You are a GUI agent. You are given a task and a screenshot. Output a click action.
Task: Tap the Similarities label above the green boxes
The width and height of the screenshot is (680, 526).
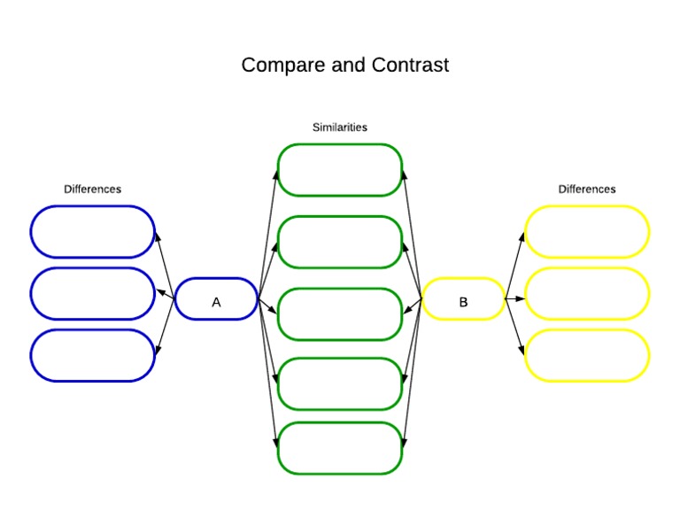pos(339,128)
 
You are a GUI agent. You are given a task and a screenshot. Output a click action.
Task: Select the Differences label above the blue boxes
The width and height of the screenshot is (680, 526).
pos(92,190)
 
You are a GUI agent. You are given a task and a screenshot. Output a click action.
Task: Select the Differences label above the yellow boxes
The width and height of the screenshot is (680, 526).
pos(586,190)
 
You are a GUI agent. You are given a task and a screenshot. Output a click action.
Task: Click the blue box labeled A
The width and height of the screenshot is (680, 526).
pos(216,299)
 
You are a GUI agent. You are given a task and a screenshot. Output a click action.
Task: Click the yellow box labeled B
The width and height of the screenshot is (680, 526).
pos(463,299)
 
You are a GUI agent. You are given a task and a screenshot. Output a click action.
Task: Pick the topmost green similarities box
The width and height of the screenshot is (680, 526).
pos(340,170)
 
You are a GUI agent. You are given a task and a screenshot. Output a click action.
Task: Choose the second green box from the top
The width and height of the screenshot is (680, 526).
pos(340,242)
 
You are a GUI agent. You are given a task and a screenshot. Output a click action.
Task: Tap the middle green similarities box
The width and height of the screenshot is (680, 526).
pos(340,314)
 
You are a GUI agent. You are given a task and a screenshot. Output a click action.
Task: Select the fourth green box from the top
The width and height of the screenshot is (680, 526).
pos(340,383)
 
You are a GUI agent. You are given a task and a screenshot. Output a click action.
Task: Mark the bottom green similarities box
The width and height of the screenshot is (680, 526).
pos(340,448)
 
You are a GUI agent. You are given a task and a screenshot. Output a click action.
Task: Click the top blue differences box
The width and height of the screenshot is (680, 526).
pos(92,232)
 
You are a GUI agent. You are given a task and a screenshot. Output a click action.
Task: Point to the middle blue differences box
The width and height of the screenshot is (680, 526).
pos(92,294)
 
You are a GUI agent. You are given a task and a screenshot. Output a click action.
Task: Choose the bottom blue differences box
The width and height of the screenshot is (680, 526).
pos(92,356)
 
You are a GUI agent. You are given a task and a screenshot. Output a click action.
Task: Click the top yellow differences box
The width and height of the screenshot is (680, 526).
pos(586,232)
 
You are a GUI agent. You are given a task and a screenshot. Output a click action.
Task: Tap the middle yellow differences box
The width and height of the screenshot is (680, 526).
pos(586,294)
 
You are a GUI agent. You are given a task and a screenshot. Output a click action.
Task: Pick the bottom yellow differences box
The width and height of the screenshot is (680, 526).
pos(586,356)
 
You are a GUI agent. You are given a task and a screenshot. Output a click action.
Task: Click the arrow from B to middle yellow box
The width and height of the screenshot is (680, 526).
pos(515,298)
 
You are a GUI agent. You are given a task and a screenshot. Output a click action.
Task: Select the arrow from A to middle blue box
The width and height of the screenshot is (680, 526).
pos(165,294)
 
